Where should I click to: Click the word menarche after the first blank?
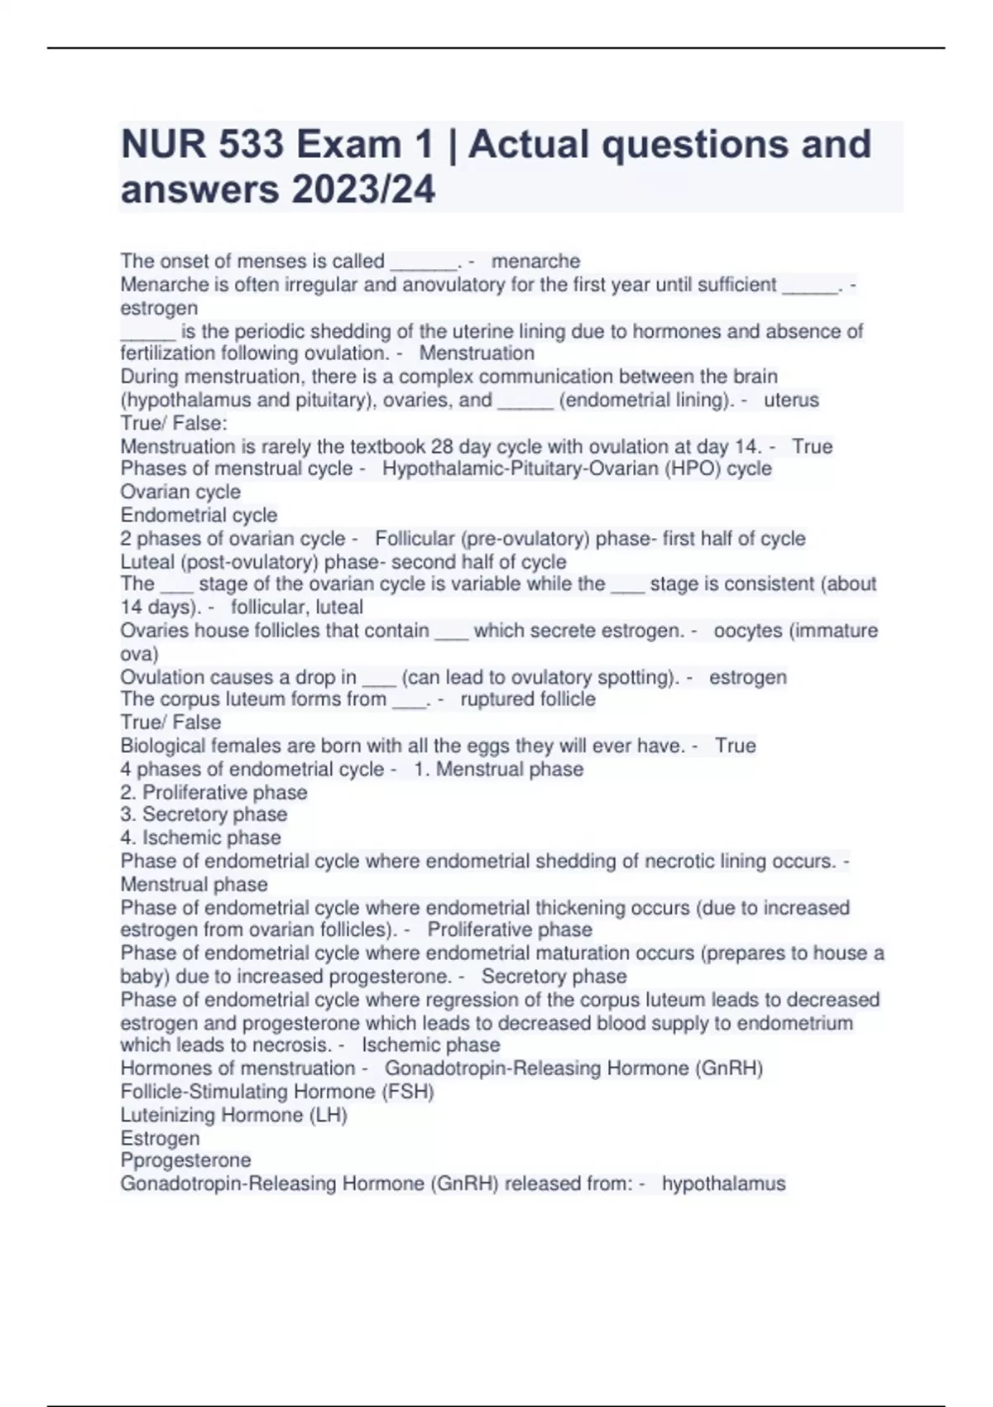(535, 262)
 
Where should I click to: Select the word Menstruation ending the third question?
(477, 353)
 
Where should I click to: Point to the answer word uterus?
(791, 401)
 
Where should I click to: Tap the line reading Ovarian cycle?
(180, 492)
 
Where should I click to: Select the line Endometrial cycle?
(199, 515)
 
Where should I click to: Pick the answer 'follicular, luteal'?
(296, 607)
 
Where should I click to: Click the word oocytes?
(748, 631)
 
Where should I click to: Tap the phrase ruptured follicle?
(527, 699)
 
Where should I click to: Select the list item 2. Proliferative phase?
(213, 793)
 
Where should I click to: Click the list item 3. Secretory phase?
(204, 814)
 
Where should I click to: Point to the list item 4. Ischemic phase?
(200, 838)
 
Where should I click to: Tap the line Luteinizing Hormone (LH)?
(233, 1115)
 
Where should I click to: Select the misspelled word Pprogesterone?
(185, 1160)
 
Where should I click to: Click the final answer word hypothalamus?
(723, 1184)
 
